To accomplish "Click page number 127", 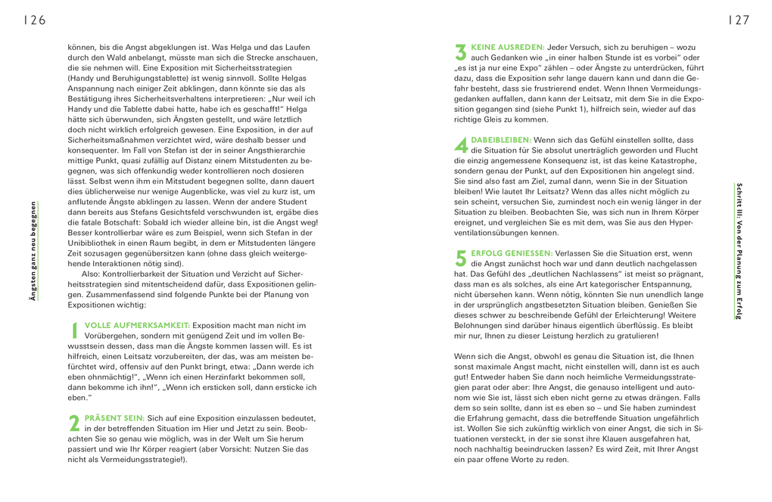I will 739,20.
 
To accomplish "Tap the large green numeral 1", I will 74,330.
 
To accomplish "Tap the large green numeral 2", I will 74,423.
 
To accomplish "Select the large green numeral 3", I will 460,52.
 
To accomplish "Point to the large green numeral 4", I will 460,145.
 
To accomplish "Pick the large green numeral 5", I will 460,259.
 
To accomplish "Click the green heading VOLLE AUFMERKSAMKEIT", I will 137,324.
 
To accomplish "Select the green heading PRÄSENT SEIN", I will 114,417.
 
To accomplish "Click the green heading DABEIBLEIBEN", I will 501,140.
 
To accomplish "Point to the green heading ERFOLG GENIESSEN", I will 512,253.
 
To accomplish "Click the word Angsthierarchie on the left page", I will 256,151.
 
